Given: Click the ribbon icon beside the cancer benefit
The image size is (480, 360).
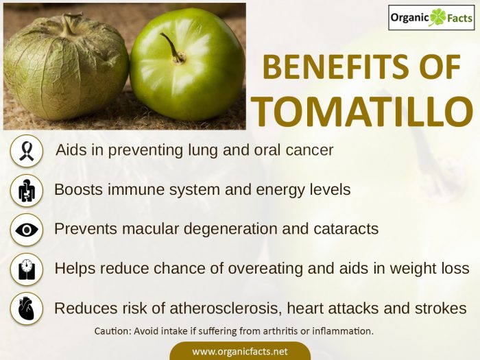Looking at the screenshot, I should (x=27, y=150).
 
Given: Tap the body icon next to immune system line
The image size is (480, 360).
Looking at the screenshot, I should (x=27, y=190).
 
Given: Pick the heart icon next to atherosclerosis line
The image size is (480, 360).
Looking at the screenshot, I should (x=27, y=309).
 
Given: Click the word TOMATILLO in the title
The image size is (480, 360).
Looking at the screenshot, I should (x=365, y=110).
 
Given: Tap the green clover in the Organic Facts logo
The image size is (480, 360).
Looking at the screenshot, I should (x=437, y=18).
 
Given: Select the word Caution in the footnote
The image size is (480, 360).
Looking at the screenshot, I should (x=114, y=331).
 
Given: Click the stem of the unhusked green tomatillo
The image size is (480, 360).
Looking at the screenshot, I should (x=171, y=48).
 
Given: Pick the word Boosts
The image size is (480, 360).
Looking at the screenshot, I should (x=77, y=189).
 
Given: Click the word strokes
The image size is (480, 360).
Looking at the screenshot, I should (x=443, y=308).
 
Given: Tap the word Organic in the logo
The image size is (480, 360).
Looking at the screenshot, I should (x=409, y=18).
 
